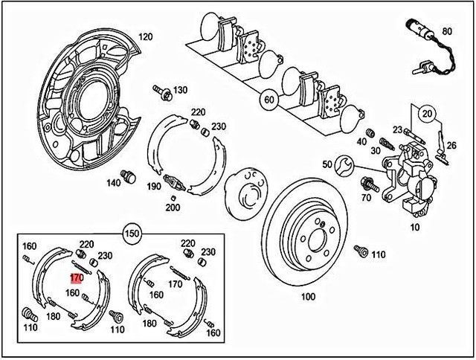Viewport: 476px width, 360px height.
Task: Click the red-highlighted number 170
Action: pyautogui.click(x=76, y=278)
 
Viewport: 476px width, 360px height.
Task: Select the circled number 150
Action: pyautogui.click(x=131, y=231)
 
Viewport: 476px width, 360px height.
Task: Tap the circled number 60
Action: pyautogui.click(x=268, y=98)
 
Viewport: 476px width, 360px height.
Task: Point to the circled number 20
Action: pyautogui.click(x=425, y=113)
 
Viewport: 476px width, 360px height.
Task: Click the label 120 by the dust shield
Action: pyautogui.click(x=146, y=36)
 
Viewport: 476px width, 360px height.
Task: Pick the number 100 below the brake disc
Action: pyautogui.click(x=307, y=296)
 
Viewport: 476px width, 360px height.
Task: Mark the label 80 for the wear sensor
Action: pyautogui.click(x=446, y=31)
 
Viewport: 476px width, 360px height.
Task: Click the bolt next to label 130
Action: pyautogui.click(x=161, y=91)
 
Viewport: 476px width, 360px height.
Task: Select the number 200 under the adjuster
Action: pyautogui.click(x=173, y=208)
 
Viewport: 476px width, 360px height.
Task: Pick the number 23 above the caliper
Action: pyautogui.click(x=397, y=130)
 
